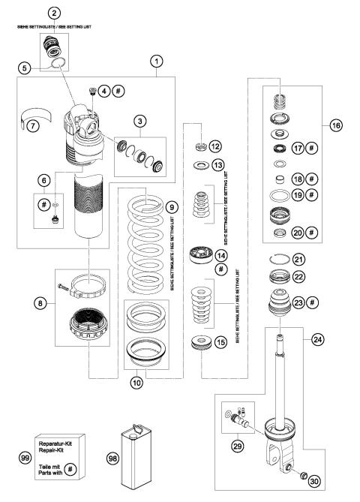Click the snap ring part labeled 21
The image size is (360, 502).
(277, 281)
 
